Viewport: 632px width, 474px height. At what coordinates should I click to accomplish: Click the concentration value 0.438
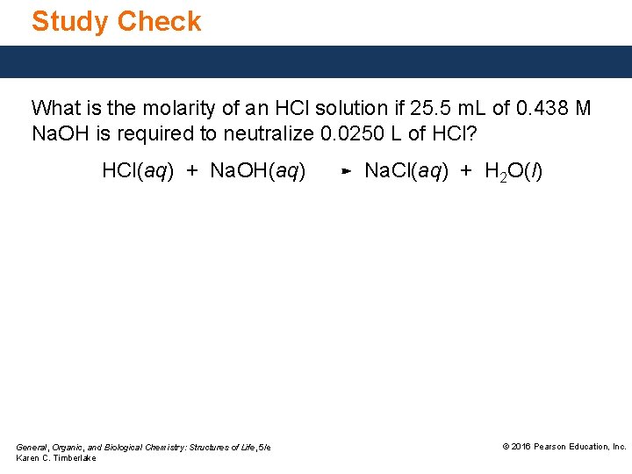[541, 109]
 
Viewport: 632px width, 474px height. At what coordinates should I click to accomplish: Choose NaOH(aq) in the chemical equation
[258, 171]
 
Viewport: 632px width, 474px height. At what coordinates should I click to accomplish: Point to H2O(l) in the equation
[513, 171]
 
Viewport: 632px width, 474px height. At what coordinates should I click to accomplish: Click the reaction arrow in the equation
[346, 172]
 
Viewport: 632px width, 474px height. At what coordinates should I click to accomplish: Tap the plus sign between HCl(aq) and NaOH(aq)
[192, 171]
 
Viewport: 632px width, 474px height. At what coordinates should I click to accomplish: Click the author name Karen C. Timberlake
[56, 458]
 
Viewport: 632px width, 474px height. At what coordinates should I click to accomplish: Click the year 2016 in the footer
[521, 447]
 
